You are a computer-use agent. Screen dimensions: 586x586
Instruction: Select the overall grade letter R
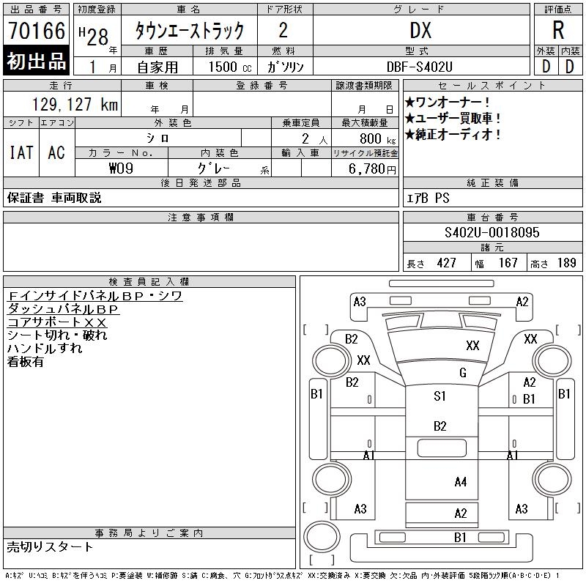(558, 31)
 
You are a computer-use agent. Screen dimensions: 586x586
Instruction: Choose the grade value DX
(420, 31)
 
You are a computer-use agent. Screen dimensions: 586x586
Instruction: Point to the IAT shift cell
(21, 152)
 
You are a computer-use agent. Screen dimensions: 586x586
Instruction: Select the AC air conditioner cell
(56, 152)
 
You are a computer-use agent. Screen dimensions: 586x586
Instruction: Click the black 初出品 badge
(37, 62)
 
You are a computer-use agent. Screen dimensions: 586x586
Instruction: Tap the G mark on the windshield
(462, 373)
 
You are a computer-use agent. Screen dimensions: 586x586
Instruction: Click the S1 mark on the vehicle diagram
(439, 396)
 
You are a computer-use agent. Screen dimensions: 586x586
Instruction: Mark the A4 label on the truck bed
(460, 482)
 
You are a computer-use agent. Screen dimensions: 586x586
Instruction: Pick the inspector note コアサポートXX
(57, 322)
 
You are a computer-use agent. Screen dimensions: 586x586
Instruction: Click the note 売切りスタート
(51, 547)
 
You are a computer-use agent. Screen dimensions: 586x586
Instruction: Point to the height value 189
(567, 263)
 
